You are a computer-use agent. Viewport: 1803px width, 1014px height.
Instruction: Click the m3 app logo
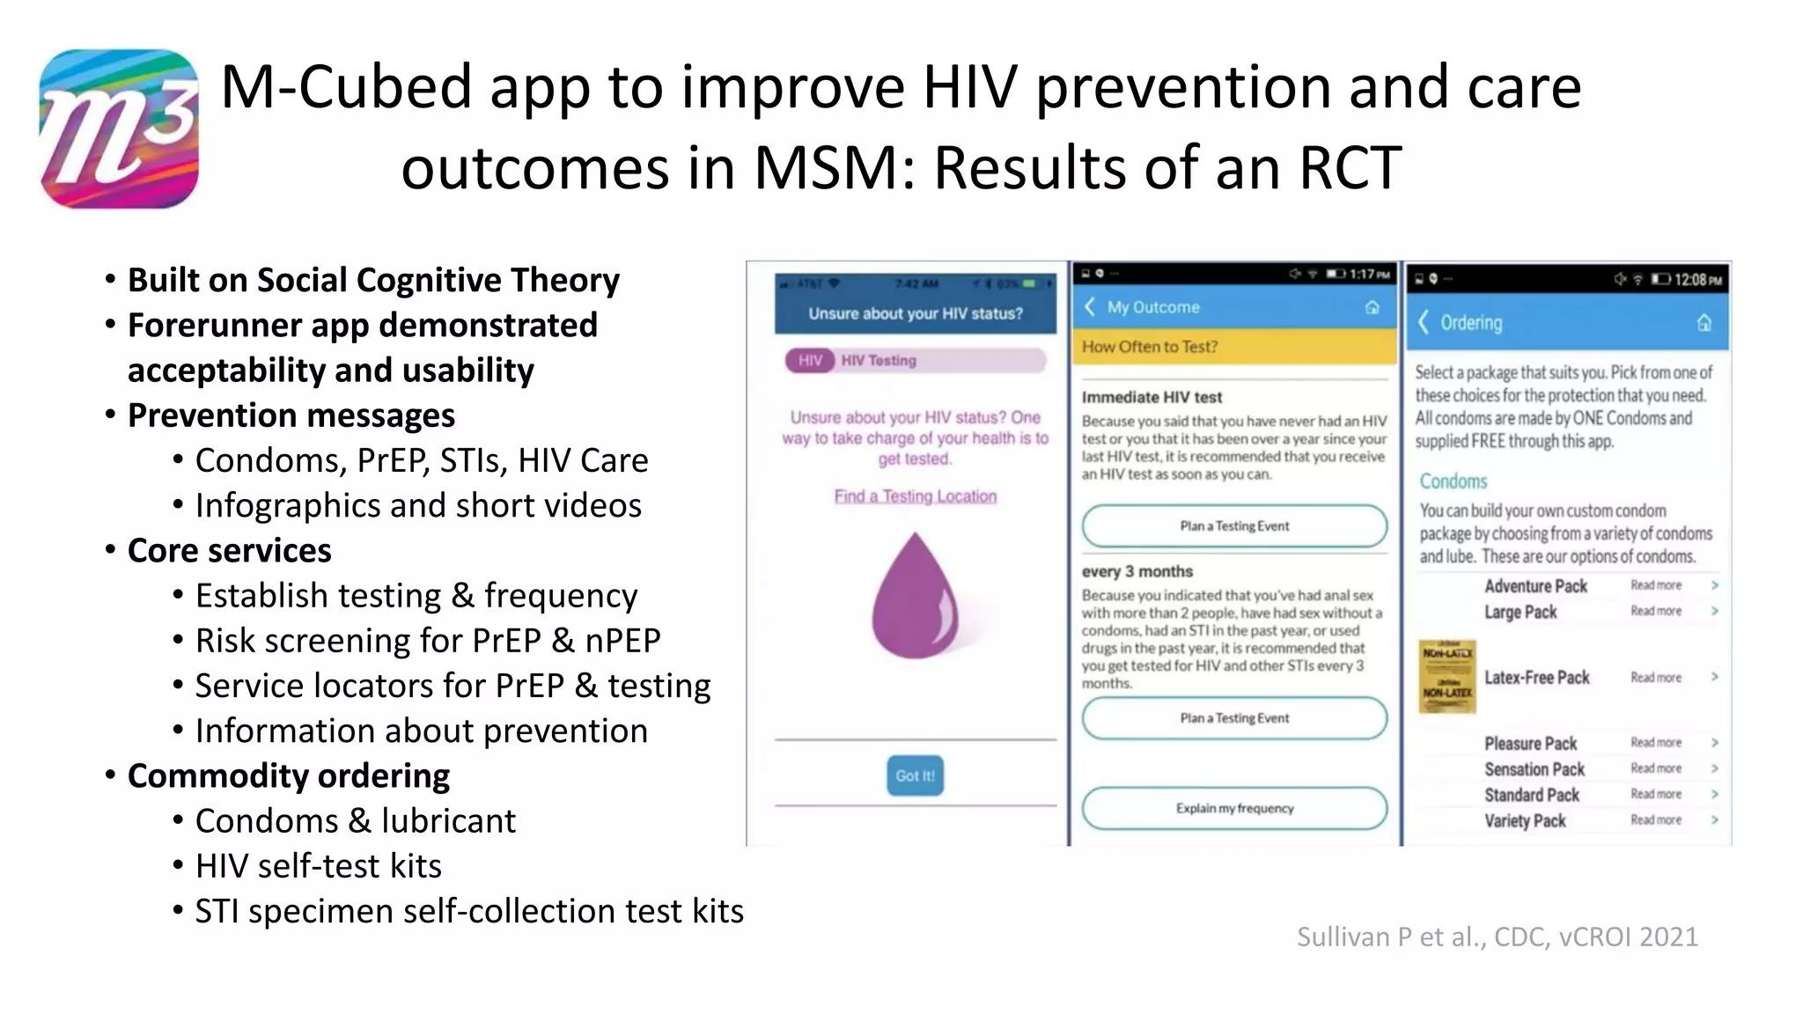click(119, 129)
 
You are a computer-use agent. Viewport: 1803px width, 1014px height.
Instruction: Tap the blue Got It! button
click(915, 775)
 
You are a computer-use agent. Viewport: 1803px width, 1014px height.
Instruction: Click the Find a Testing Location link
click(915, 496)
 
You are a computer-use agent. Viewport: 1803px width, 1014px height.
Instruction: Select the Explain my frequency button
click(1234, 808)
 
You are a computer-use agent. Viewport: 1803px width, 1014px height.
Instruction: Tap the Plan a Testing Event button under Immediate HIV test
click(1234, 526)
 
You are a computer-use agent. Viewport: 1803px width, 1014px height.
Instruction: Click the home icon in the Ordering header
click(1704, 323)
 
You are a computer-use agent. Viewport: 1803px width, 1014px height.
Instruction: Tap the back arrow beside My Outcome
click(1090, 306)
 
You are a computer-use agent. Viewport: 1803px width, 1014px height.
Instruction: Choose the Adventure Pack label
click(1535, 586)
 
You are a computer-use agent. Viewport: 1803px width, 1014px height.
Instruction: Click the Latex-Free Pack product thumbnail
click(1447, 676)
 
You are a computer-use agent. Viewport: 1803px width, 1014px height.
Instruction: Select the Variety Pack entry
click(1525, 820)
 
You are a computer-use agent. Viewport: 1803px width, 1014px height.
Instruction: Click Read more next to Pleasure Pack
click(1655, 743)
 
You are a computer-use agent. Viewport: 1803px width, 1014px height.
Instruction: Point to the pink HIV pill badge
click(810, 360)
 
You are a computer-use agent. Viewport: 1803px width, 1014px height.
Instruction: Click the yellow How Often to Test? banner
click(1234, 347)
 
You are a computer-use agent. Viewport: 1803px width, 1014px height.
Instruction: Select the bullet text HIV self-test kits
click(319, 865)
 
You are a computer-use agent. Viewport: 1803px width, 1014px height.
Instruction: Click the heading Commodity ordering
click(289, 775)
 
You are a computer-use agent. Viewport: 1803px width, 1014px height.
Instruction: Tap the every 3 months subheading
click(1137, 571)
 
